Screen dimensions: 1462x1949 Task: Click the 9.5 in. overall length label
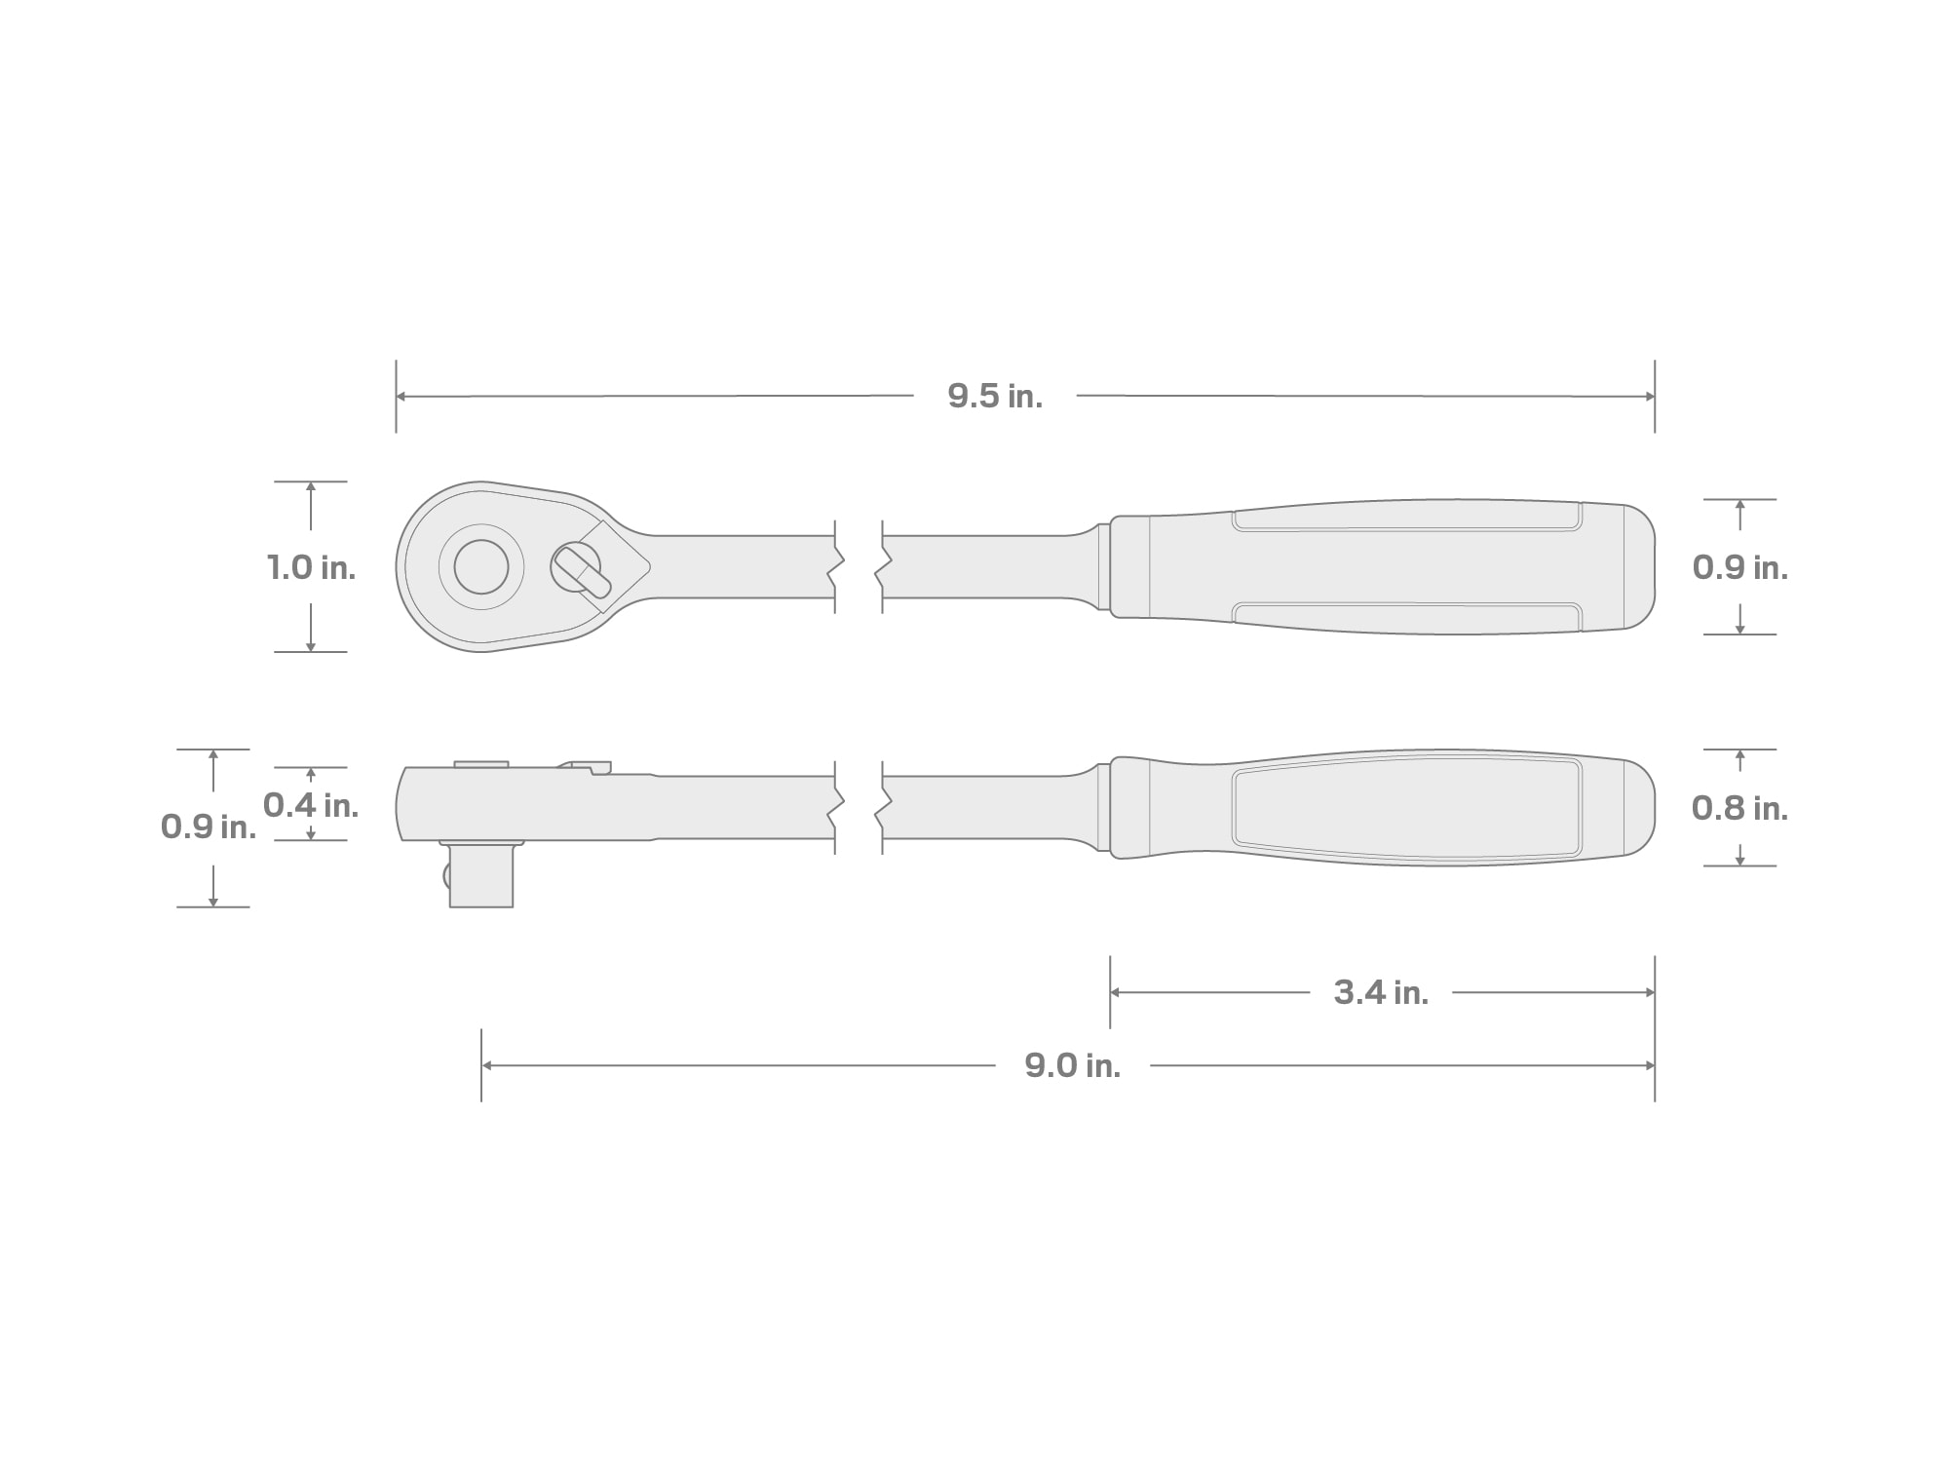coord(995,396)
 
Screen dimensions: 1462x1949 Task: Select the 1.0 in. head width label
coord(311,567)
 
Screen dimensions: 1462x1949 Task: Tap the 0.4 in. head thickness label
coord(311,805)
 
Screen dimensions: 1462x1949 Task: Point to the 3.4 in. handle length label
coord(1381,992)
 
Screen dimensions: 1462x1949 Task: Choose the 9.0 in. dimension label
coord(1072,1065)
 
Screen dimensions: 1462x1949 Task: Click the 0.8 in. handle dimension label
coord(1739,808)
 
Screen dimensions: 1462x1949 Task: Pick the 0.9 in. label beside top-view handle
coord(1739,567)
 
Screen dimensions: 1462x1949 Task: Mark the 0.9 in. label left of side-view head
coord(209,827)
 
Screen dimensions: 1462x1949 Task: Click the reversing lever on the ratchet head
coord(581,570)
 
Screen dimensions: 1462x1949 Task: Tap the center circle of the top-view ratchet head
coord(481,566)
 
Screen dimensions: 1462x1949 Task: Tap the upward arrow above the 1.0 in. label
coord(311,487)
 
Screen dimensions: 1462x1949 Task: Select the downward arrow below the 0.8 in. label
coord(1739,860)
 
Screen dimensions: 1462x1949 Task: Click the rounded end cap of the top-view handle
coord(1639,567)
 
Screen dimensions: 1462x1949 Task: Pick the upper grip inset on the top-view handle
coord(1406,518)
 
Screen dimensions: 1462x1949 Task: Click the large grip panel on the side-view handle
coord(1406,808)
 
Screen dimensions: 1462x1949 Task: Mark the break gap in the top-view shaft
coord(859,567)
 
